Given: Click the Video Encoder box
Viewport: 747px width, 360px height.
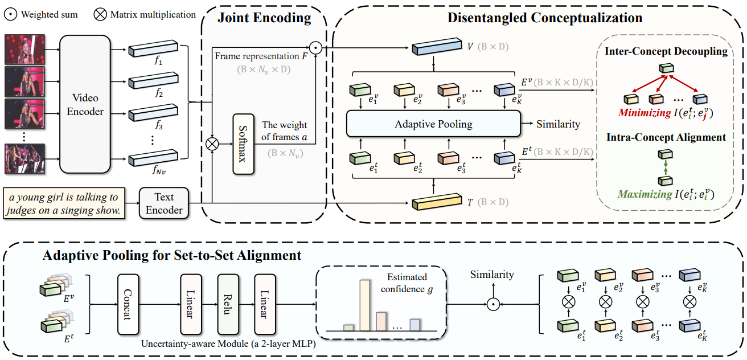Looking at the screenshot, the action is point(85,104).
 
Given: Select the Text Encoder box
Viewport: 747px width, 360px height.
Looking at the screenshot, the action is point(164,203).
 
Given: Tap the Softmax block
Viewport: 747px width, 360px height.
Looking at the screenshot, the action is point(244,144).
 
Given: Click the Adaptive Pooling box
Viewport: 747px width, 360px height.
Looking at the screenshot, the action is point(433,124).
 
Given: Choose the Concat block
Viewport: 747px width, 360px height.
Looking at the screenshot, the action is point(128,304).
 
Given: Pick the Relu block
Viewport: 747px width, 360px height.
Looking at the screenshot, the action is point(228,304).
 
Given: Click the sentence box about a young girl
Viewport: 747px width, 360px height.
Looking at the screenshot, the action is point(64,203).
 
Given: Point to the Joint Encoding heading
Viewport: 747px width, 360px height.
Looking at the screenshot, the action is point(264,18).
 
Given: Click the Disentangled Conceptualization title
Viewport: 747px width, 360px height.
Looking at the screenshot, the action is point(544,18).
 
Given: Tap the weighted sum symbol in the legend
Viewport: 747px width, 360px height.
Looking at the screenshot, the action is point(11,15).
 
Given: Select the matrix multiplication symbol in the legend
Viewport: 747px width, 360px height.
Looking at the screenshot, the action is point(100,15).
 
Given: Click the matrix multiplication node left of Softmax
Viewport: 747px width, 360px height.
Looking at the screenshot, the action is point(212,144).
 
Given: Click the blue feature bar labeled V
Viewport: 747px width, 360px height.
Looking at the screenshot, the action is point(437,47).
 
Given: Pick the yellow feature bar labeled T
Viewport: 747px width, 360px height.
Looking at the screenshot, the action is point(437,202).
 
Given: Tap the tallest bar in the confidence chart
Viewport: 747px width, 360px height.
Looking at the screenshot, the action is point(365,305).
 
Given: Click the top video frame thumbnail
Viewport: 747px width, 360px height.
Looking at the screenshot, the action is point(24,50).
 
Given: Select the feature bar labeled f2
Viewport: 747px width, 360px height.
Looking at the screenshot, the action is point(153,81).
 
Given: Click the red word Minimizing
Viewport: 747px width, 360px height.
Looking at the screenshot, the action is point(645,113).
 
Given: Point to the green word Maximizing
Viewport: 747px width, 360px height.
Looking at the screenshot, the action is point(645,194).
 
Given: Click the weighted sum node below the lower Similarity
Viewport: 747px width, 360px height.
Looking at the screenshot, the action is point(493,304).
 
